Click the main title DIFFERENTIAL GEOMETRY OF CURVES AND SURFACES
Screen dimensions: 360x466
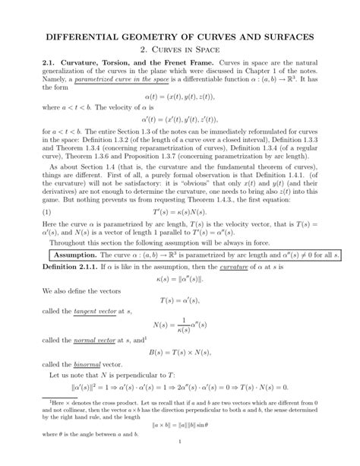180,38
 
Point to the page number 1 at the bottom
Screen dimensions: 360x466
180,461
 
